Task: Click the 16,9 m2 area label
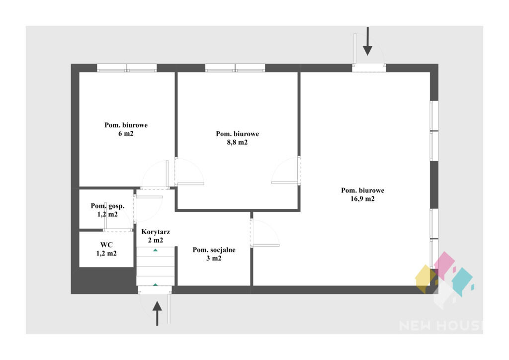click(362, 199)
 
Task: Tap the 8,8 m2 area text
click(237, 142)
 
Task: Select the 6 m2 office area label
click(126, 133)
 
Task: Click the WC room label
click(106, 245)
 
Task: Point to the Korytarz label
click(156, 232)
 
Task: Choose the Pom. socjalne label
click(214, 250)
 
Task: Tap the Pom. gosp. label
click(107, 206)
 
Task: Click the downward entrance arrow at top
click(367, 41)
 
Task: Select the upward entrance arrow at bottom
click(157, 313)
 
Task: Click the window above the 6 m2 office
click(127, 68)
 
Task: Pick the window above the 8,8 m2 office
click(235, 68)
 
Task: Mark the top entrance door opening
click(369, 68)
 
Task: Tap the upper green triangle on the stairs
click(156, 250)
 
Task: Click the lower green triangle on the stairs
click(156, 285)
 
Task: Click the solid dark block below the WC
click(103, 280)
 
